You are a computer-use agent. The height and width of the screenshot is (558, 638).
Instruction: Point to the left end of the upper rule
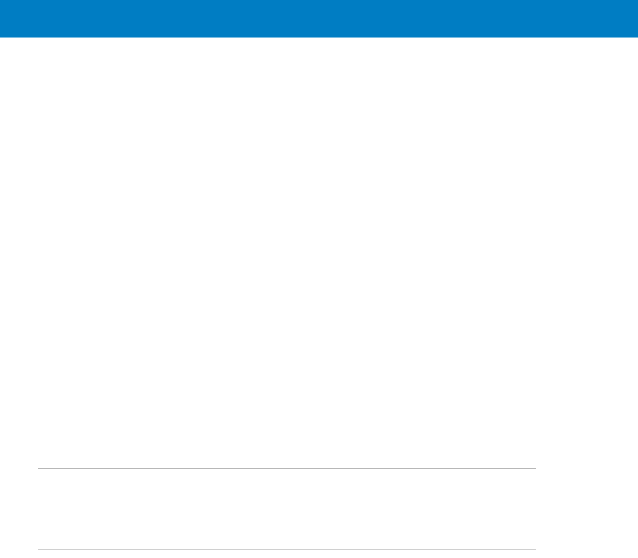click(39, 468)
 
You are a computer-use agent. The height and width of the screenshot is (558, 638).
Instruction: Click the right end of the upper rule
click(535, 468)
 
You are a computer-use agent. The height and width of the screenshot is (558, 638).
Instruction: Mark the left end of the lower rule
click(39, 550)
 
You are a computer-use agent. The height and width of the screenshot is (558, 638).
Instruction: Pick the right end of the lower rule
click(535, 550)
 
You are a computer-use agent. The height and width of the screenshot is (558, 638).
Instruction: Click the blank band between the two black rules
click(287, 509)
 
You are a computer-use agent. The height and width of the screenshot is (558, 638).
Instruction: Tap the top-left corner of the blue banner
click(1, 1)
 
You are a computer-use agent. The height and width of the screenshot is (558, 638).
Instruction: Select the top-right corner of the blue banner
click(637, 1)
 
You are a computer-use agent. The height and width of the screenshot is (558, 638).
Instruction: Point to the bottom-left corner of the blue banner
click(1, 36)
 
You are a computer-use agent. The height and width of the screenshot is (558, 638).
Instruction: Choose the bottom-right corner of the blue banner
click(637, 36)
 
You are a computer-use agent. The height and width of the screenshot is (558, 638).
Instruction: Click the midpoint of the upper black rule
click(287, 468)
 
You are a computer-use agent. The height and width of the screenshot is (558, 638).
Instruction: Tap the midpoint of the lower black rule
click(287, 550)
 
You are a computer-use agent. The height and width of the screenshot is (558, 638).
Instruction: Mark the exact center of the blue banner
click(319, 19)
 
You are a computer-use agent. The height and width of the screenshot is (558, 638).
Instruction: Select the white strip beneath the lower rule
click(287, 554)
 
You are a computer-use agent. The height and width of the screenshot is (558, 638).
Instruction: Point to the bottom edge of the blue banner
click(319, 37)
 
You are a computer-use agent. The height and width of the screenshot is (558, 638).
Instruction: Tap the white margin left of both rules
click(19, 509)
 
